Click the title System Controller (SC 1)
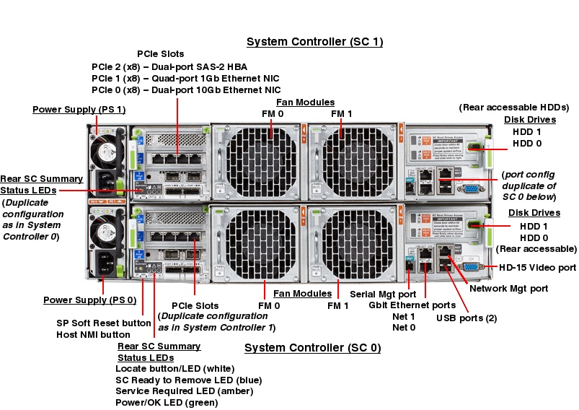click(314, 42)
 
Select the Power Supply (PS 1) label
click(79, 109)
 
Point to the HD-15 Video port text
click(537, 268)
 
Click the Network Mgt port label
click(508, 289)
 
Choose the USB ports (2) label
click(466, 318)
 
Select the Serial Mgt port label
click(383, 295)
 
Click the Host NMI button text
click(93, 335)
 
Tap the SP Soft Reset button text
click(103, 323)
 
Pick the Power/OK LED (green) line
click(169, 402)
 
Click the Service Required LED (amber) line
click(184, 391)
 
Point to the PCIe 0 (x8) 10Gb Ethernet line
click(186, 90)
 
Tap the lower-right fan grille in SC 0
click(354, 245)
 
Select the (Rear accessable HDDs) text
click(514, 108)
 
